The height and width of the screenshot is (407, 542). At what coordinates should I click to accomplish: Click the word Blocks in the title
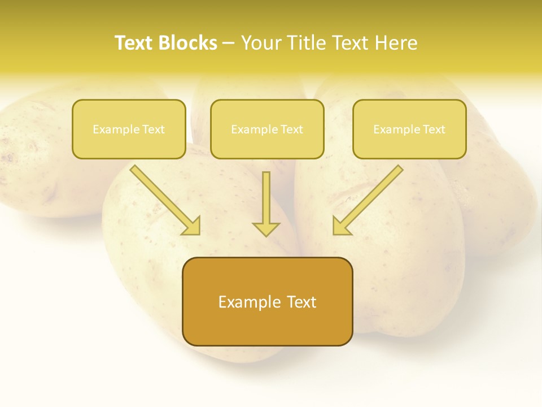click(x=189, y=43)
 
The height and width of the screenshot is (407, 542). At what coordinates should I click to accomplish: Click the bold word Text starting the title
click(x=134, y=43)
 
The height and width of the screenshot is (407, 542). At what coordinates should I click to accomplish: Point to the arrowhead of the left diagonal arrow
click(x=193, y=226)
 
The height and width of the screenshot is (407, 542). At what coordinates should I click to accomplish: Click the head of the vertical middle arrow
click(x=266, y=229)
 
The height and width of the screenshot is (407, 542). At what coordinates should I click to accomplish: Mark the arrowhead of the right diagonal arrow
click(x=340, y=226)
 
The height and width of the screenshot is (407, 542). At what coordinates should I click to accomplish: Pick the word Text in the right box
click(x=434, y=129)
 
